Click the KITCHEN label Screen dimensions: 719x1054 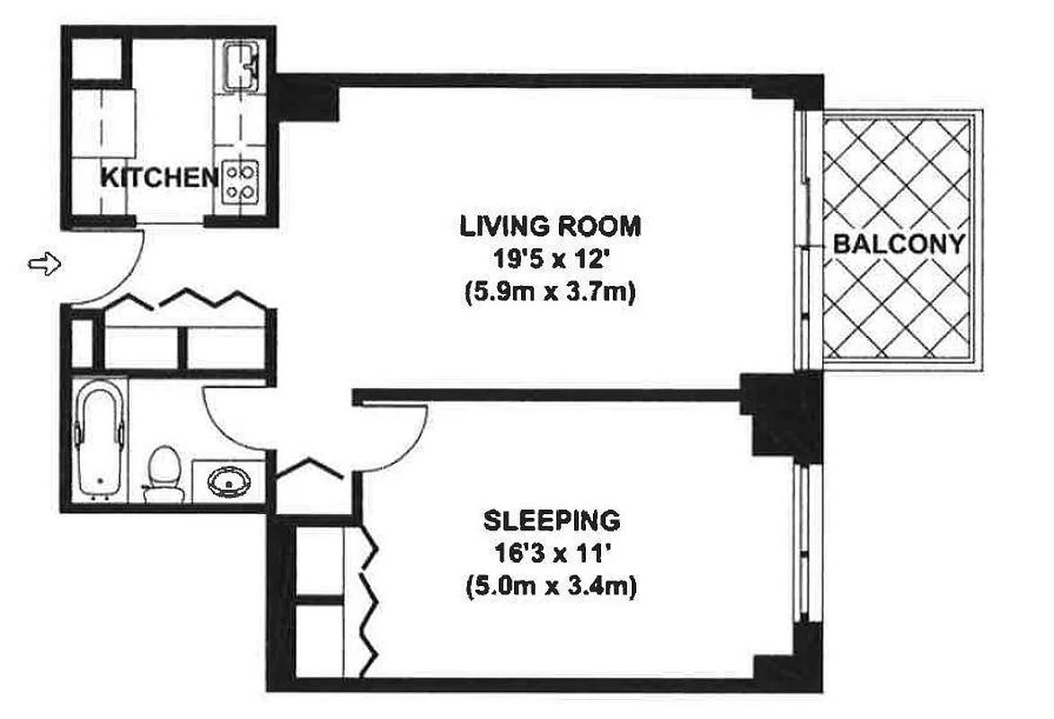point(158,177)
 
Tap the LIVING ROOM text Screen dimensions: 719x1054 point(550,225)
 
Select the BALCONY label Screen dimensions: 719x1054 point(899,244)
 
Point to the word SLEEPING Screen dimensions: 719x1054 point(551,520)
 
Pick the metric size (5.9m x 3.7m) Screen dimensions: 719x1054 point(550,294)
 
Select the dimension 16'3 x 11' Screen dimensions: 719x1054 point(551,555)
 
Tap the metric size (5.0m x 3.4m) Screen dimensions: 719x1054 point(551,589)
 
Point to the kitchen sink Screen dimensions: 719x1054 point(241,67)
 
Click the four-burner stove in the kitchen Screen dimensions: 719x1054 point(242,180)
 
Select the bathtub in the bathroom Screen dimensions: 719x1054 point(99,438)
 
